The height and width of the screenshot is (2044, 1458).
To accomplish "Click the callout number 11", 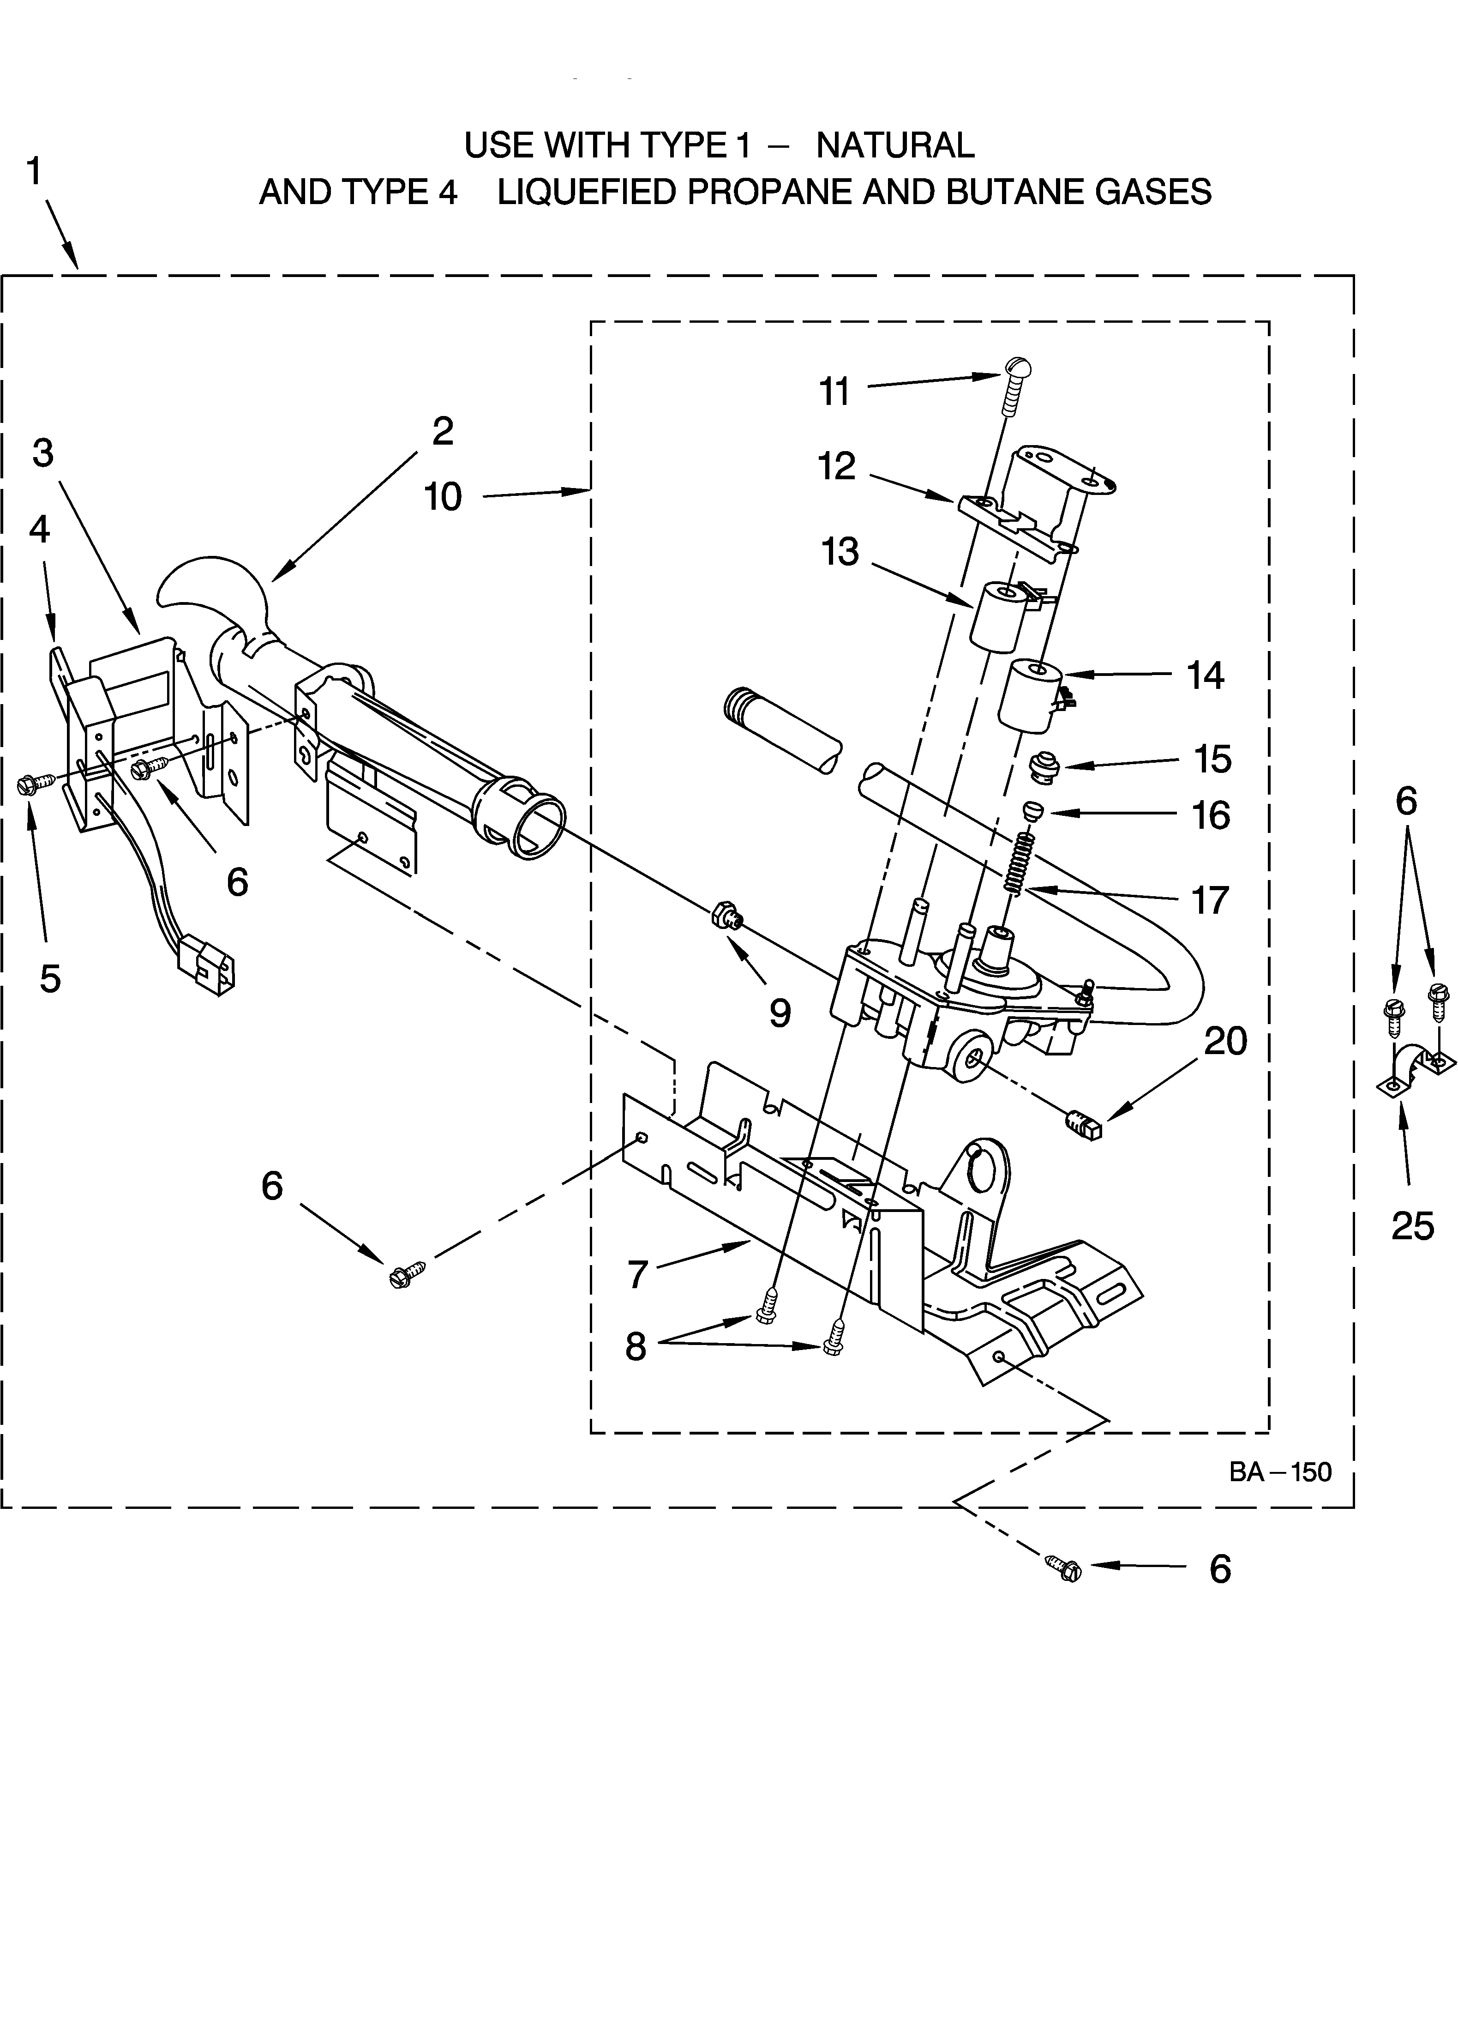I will point(834,392).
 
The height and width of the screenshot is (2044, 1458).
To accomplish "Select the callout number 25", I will point(1412,1226).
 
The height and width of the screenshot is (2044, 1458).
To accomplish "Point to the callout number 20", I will point(1225,1041).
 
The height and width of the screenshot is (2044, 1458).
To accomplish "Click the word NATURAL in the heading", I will point(895,145).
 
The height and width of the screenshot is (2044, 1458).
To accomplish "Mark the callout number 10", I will point(443,497).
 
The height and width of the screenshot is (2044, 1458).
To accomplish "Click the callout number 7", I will point(637,1274).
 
